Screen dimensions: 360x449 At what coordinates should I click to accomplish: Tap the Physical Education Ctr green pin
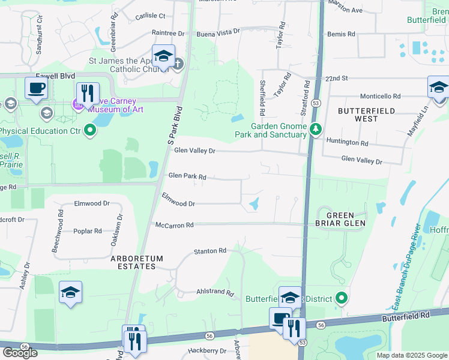pyautogui.click(x=90, y=130)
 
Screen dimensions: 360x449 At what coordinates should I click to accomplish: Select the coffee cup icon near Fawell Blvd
pyautogui.click(x=36, y=88)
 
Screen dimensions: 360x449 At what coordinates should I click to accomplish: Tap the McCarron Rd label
pyautogui.click(x=175, y=225)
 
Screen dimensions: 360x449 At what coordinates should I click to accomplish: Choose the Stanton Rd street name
pyautogui.click(x=209, y=250)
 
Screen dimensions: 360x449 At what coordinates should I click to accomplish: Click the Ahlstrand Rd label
pyautogui.click(x=215, y=292)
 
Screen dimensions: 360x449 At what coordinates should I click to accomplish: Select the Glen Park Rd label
pyautogui.click(x=187, y=176)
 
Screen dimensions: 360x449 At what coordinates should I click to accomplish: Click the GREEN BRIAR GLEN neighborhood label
pyautogui.click(x=345, y=219)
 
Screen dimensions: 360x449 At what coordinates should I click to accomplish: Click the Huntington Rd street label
pyautogui.click(x=347, y=143)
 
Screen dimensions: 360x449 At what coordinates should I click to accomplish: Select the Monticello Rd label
pyautogui.click(x=380, y=96)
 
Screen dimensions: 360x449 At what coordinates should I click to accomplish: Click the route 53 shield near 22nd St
pyautogui.click(x=316, y=103)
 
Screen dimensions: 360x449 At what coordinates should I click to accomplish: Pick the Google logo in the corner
pyautogui.click(x=20, y=353)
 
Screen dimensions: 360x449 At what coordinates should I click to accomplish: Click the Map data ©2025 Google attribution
pyautogui.click(x=411, y=355)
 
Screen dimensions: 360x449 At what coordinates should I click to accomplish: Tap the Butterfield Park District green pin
pyautogui.click(x=342, y=298)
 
